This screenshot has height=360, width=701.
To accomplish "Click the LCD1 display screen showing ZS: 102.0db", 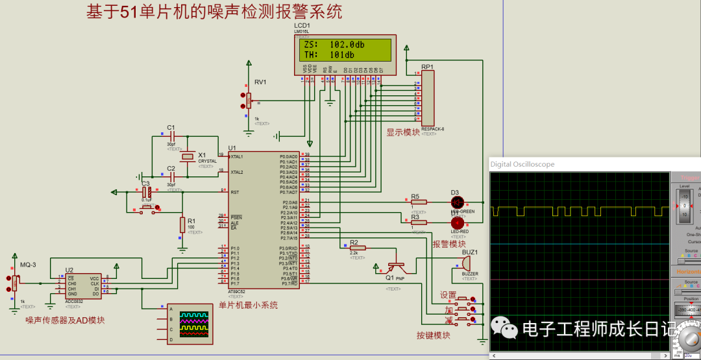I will (344, 50).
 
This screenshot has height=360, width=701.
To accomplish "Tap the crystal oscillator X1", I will (188, 156).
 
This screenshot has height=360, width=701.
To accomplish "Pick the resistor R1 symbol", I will (182, 225).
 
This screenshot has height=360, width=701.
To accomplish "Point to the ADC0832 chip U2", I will (82, 286).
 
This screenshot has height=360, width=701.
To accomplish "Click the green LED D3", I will (456, 202).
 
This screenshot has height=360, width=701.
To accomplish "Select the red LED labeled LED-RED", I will (457, 222).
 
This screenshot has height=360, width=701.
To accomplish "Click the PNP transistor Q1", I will (394, 266).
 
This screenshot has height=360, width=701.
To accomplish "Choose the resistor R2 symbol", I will (358, 248).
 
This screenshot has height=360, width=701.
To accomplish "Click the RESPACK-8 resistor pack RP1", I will (428, 97).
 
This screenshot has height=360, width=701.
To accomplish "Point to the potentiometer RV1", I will (248, 101).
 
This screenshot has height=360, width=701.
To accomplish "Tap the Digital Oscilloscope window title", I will (523, 164).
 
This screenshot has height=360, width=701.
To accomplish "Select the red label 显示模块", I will (403, 132).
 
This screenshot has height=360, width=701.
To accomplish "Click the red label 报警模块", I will (449, 244).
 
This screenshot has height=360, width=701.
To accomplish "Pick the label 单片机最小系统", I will (248, 305).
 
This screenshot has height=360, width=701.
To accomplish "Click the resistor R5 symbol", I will (419, 202).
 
